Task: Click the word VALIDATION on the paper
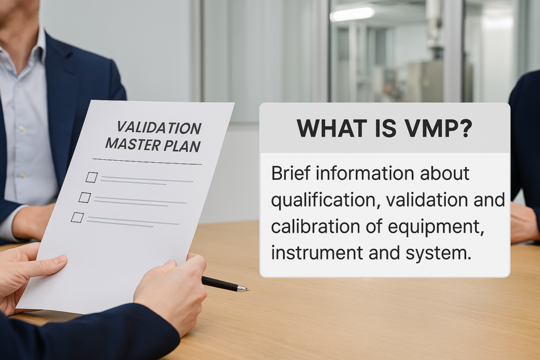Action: tap(158, 128)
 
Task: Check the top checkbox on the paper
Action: tap(91, 177)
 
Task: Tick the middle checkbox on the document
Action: tap(84, 197)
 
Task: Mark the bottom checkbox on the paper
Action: tap(77, 217)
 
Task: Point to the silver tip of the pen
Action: tap(243, 288)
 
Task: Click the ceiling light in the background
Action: tap(352, 14)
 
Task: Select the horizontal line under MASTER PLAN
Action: tap(147, 161)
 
